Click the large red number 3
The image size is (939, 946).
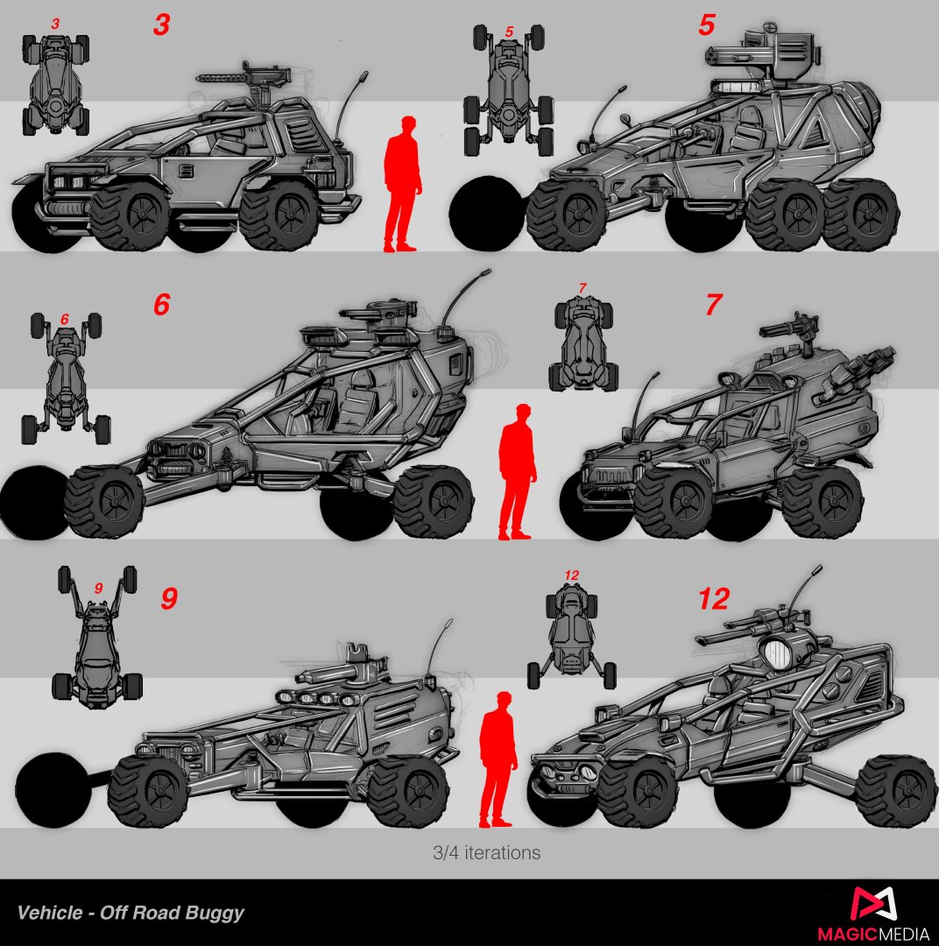click(x=161, y=25)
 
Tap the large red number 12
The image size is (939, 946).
click(x=714, y=598)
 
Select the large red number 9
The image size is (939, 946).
click(x=169, y=598)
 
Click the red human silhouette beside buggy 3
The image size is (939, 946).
click(x=402, y=184)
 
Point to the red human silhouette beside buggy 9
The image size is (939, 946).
click(x=498, y=760)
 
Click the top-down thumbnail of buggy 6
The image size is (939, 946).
click(x=66, y=378)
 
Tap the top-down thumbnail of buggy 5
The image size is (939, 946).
click(x=509, y=90)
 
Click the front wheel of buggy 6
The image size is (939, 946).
click(x=103, y=501)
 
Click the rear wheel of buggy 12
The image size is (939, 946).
click(x=896, y=791)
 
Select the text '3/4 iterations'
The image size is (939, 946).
click(x=486, y=852)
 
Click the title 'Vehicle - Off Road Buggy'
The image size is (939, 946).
click(x=131, y=912)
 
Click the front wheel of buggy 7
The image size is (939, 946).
click(x=673, y=502)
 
